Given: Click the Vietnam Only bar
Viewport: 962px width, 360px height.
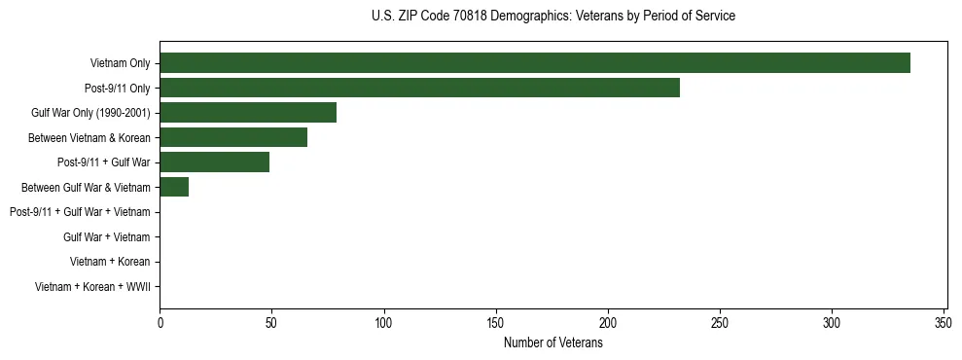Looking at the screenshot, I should coord(535,63).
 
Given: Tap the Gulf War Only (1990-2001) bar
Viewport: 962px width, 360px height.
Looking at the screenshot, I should coord(248,113).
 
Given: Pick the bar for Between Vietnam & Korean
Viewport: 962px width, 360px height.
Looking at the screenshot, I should coord(233,137).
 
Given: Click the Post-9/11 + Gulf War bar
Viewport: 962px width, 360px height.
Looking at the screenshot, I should coord(214,162).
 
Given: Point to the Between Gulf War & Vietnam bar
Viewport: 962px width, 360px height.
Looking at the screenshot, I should coord(174,187).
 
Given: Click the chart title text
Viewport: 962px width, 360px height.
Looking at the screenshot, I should coord(553,17).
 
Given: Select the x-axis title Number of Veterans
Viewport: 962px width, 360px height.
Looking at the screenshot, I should coord(553,342).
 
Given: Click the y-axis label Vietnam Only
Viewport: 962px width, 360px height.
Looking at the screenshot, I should coord(120,63).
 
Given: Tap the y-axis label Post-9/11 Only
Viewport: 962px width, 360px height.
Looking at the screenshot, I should coord(118,89).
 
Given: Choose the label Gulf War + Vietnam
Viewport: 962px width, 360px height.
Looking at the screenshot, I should coord(106,237).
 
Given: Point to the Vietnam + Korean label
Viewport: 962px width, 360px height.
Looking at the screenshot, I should coord(110,262).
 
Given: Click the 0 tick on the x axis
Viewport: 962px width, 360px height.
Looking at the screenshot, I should coord(160,322).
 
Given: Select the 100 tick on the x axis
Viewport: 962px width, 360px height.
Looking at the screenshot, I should coord(384,322).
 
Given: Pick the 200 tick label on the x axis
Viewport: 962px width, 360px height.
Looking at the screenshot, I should coord(608,322).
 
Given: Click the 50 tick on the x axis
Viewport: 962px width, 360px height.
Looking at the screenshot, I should coord(272,322).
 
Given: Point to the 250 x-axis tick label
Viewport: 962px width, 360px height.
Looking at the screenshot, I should coord(720,322).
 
